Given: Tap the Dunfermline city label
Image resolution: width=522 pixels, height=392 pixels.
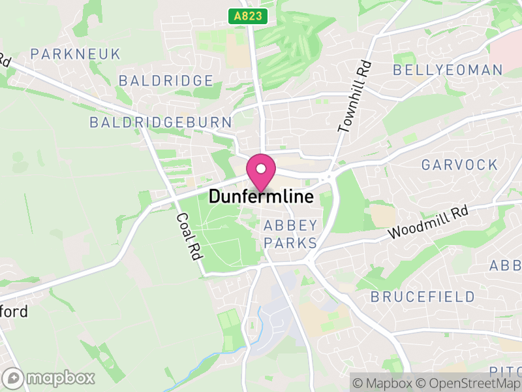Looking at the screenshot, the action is tap(261, 197).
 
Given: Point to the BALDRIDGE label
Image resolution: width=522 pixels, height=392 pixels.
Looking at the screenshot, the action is tap(166, 80).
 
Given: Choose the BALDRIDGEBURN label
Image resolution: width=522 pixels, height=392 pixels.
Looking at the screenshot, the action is tap(161, 122).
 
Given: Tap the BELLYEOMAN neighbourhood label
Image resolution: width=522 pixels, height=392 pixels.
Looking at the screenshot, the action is tap(448, 70).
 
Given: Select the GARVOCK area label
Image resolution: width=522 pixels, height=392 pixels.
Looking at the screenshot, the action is tap(459, 164).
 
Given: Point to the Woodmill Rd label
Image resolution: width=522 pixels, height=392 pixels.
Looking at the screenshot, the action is tap(428, 223).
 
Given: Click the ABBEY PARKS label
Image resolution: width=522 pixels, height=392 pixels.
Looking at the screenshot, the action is tap(290, 235).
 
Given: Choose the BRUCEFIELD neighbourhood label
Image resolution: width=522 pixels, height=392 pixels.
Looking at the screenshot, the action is tap(423, 297).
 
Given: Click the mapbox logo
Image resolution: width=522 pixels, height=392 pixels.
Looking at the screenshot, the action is tap(50, 378).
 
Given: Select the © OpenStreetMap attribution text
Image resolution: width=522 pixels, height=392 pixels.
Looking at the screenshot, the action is tap(468, 384).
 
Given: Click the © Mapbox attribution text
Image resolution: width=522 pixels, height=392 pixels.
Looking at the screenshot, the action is tap(385, 384).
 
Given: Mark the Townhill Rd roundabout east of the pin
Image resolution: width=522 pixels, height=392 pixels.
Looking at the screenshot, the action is tap(327, 176).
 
